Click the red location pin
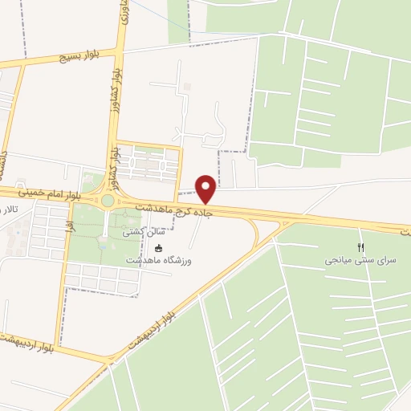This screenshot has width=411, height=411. [206, 187]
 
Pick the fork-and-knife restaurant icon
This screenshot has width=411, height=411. [360, 246]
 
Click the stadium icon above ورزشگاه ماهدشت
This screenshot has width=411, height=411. [159, 247]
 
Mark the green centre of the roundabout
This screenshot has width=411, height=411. [108, 200]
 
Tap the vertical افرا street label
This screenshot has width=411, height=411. [71, 227]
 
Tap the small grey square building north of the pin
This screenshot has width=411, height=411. [187, 86]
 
